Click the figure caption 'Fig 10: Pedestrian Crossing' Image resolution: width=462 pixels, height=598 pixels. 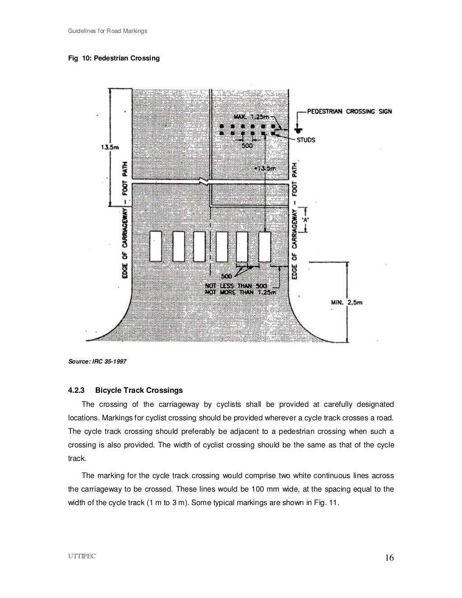[114, 59]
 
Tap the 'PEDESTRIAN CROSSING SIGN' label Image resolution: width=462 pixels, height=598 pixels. [349, 111]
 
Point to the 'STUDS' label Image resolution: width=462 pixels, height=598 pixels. [305, 140]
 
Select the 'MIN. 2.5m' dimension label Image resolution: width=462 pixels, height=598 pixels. [346, 303]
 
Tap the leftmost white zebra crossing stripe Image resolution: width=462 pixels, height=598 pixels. [156, 246]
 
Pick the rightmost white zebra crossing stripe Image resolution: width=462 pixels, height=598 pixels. [265, 246]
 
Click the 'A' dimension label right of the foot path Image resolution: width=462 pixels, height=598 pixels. [305, 220]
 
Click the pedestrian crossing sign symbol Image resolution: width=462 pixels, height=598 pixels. [297, 128]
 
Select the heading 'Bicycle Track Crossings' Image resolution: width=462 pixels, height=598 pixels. [139, 390]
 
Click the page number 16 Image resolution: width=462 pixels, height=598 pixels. [389, 558]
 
